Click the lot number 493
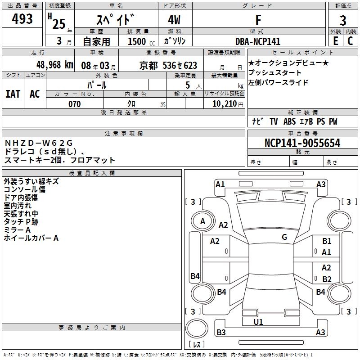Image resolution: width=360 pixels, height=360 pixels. coord(23,19)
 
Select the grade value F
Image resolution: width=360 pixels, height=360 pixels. coord(258,19)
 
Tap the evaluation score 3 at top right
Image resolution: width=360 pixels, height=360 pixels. coord(343,20)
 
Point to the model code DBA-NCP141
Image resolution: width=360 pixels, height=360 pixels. coord(258,41)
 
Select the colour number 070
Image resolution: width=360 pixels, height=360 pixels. coord(74,104)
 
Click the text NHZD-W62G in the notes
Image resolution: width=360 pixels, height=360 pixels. coord(38,143)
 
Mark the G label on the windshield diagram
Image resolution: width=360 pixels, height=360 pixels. coord(284,237)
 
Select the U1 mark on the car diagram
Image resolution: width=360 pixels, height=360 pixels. coord(258,322)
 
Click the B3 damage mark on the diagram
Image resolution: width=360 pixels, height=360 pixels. coord(221,333)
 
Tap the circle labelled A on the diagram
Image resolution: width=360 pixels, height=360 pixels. coord(203,221)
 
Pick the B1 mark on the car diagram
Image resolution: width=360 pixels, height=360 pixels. coord(327,242)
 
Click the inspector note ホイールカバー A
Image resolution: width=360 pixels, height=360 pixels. coord(31,238)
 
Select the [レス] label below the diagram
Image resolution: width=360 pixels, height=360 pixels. coord(197,344)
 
